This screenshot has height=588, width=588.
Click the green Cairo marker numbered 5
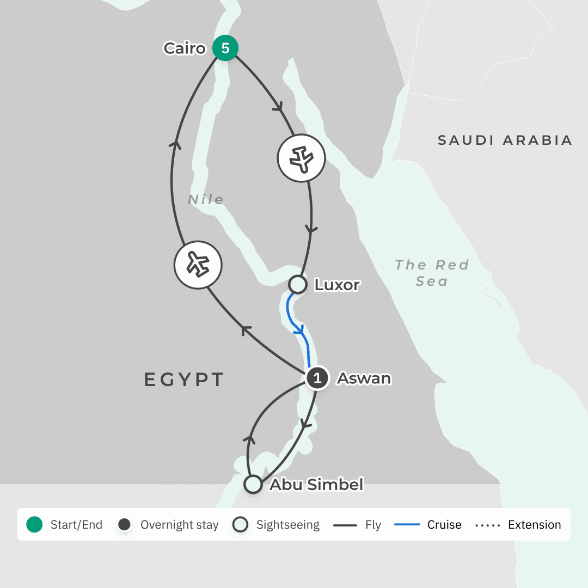(225, 48)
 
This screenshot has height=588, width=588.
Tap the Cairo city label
(185, 48)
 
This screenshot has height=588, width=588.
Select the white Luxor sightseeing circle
(297, 284)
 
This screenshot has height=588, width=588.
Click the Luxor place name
(337, 285)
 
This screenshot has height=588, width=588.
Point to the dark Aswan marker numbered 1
(317, 378)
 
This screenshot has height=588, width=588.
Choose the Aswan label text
(364, 378)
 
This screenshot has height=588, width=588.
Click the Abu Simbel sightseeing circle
(253, 484)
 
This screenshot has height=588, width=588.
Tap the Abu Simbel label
(316, 484)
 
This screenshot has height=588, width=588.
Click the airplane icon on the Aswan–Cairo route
(198, 265)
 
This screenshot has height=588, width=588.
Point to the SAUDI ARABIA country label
(505, 140)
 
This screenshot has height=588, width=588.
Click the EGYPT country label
(184, 379)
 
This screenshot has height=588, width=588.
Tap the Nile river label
(206, 200)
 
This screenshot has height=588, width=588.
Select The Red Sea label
(432, 273)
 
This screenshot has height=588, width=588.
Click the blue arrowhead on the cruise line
(299, 330)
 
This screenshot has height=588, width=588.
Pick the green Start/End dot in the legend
(34, 525)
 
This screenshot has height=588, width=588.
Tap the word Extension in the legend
(534, 525)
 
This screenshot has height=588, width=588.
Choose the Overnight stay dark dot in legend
(125, 525)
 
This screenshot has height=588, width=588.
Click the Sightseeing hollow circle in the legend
(240, 525)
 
